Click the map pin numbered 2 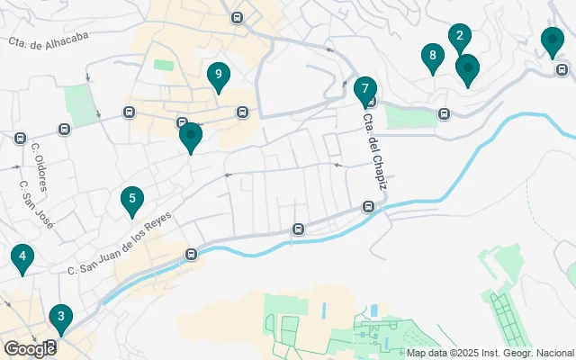pos(459,37)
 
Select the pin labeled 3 pos(60,317)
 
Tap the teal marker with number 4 pos(22,257)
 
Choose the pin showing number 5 pos(132,200)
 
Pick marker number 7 pos(364,89)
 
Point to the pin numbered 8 pos(433,57)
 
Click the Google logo pos(29,348)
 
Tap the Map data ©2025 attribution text pos(490,353)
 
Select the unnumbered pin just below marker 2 pos(467,67)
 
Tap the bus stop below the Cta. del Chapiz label pos(369,207)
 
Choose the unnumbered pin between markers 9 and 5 pos(191,136)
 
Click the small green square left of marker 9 pos(163,65)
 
